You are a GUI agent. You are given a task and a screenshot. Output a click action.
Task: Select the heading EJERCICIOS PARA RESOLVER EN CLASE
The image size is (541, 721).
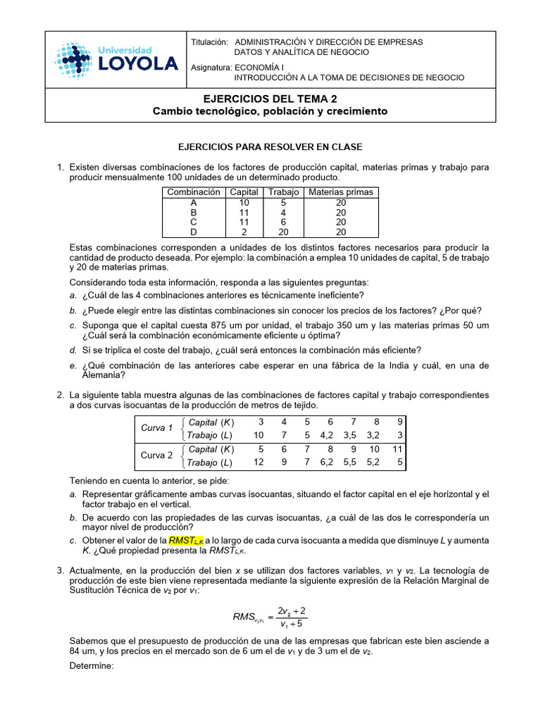click(270, 147)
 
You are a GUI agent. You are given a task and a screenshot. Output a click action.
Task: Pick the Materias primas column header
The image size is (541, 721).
click(341, 192)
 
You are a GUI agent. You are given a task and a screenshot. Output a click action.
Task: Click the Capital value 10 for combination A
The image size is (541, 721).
click(244, 202)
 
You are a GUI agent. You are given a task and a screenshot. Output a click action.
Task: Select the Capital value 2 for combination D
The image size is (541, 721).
click(244, 232)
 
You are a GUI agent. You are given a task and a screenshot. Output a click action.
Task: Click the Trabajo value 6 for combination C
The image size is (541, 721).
click(284, 222)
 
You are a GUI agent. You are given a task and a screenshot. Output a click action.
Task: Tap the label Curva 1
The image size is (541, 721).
click(156, 428)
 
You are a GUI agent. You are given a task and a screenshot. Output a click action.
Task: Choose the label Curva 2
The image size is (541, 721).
click(156, 456)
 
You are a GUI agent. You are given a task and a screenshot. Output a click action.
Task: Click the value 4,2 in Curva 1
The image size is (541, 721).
click(329, 435)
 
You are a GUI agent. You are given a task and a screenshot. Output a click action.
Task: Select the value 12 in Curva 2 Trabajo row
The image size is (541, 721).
click(259, 463)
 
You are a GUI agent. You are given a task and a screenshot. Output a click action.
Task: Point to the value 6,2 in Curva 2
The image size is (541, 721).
click(329, 463)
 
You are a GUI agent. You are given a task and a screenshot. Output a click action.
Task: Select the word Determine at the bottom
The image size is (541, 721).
click(91, 665)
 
